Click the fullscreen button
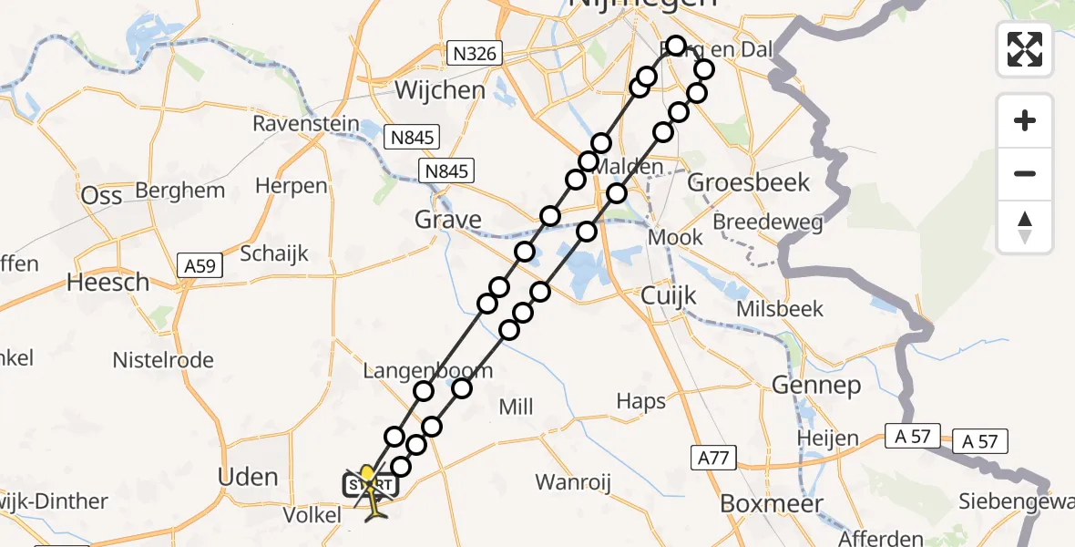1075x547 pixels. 1025,48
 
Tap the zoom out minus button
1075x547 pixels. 1025,173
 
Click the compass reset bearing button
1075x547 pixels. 1025,227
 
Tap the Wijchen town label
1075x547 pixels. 440,90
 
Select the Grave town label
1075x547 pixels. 448,220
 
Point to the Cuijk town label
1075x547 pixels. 668,295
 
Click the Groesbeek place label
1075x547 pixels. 748,182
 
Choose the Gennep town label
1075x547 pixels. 816,386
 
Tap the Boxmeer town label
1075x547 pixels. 772,503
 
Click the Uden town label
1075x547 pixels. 249,477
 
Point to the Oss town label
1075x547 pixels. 102,196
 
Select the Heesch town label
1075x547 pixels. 107,283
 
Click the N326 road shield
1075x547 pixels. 475,54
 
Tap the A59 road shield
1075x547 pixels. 199,265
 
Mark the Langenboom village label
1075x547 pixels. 428,370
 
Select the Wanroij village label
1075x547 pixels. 571,481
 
